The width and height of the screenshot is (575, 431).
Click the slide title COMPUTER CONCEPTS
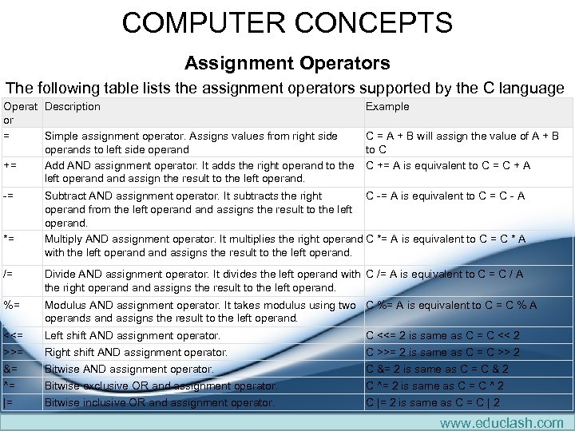click(x=287, y=22)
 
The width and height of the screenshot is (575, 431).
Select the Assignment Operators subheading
click(x=287, y=62)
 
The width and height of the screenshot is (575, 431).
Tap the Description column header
click(x=73, y=106)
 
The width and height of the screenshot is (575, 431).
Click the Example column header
click(x=387, y=106)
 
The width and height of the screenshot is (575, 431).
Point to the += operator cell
click(x=10, y=166)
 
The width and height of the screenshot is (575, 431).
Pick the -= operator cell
click(x=9, y=196)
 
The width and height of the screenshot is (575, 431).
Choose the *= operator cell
click(x=9, y=239)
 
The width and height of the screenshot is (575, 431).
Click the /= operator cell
click(x=8, y=274)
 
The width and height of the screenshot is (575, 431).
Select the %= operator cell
click(x=12, y=305)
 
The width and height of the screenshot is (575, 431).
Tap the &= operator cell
click(x=11, y=369)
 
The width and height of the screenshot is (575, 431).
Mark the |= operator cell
click(x=10, y=402)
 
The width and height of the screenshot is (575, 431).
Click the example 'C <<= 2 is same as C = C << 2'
click(x=442, y=336)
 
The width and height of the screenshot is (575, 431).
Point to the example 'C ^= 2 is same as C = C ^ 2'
click(x=434, y=386)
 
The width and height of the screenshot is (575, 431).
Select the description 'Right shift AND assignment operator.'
click(x=136, y=352)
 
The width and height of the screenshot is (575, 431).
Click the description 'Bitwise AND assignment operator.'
click(x=129, y=369)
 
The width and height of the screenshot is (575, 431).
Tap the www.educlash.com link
click(x=502, y=421)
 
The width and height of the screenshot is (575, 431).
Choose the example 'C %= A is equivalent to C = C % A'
click(x=451, y=305)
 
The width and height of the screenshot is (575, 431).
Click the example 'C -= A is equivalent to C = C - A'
click(x=445, y=196)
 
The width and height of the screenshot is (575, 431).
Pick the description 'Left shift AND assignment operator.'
click(x=133, y=336)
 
